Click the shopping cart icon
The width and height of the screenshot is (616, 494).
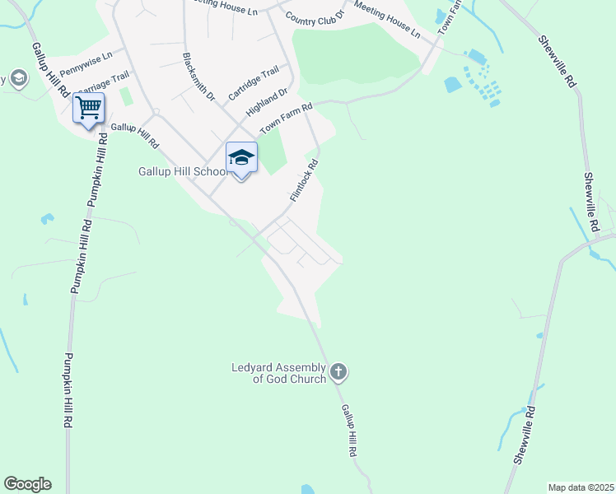[x=88, y=107]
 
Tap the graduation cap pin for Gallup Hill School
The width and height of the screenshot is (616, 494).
[x=241, y=158]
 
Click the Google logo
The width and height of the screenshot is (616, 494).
[x=27, y=484]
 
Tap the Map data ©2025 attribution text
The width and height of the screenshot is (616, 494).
[x=581, y=487]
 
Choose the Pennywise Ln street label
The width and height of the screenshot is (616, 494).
[x=86, y=63]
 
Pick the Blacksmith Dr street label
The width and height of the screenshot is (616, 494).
[x=198, y=77]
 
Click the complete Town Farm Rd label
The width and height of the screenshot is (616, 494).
[x=287, y=119]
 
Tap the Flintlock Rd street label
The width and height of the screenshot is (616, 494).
[x=304, y=181]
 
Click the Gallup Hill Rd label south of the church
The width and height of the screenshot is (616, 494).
[x=349, y=430]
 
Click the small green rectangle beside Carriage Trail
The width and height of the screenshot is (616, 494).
[x=126, y=96]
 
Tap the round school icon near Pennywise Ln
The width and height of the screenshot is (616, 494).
[x=18, y=78]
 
